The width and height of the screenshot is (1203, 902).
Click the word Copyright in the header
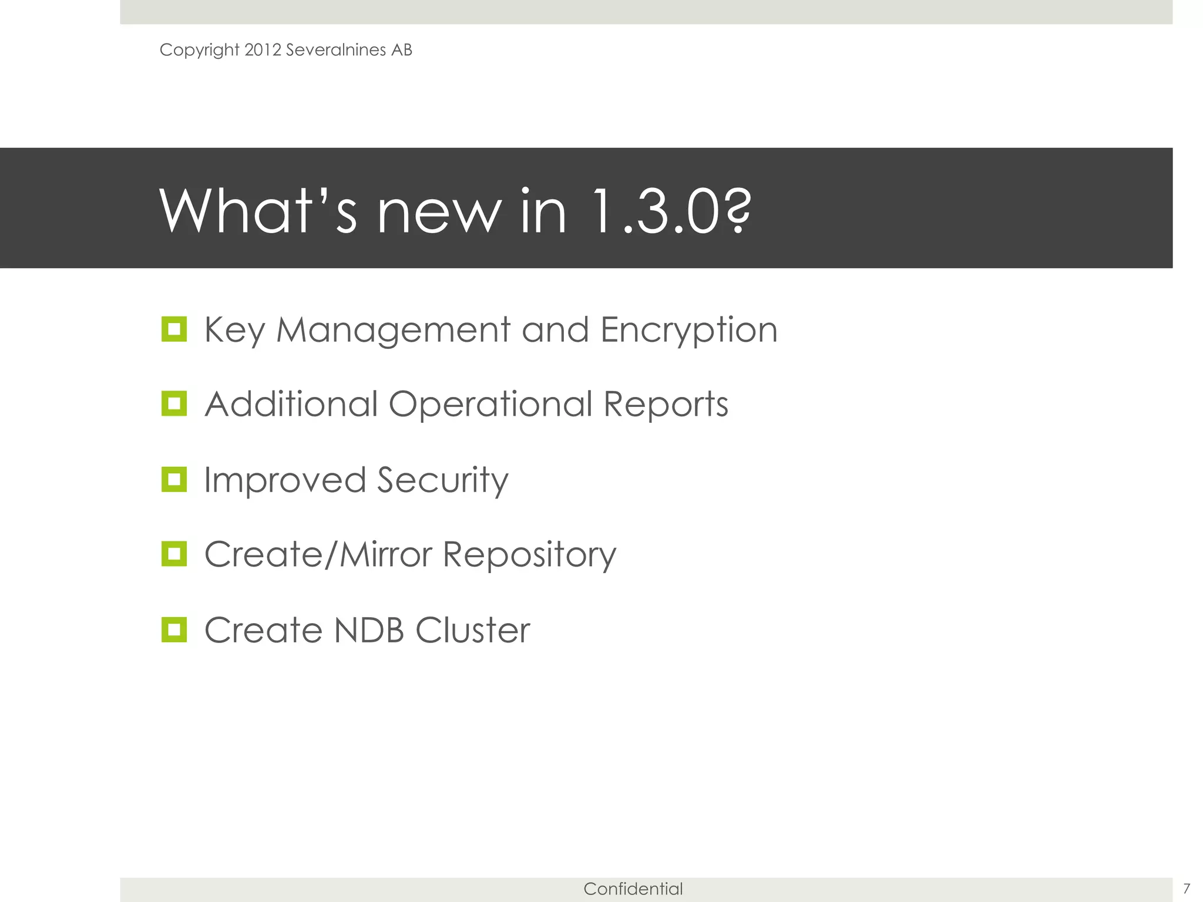[x=199, y=51]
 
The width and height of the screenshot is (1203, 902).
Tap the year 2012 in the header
[x=263, y=50]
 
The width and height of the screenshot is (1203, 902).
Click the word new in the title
[x=440, y=213]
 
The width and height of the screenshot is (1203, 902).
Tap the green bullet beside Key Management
[x=174, y=329]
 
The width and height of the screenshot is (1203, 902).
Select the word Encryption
[x=689, y=331]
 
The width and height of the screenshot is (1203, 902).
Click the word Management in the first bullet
[x=393, y=330]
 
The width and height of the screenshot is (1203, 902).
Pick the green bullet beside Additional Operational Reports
[x=174, y=404]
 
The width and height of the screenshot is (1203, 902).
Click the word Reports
[x=666, y=405]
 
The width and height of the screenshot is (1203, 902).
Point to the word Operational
[x=490, y=405]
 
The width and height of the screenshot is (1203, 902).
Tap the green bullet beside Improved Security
[x=174, y=480]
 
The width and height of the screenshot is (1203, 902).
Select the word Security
[x=442, y=481]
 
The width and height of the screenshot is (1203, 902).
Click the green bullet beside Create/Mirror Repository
[x=174, y=554]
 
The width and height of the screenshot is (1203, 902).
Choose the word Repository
[x=529, y=556]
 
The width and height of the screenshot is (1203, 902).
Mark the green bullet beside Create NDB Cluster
[x=174, y=630]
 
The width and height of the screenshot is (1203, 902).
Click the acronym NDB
[x=369, y=630]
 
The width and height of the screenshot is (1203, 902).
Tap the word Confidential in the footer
[x=633, y=889]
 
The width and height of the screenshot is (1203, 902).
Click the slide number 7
[x=1187, y=888]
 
